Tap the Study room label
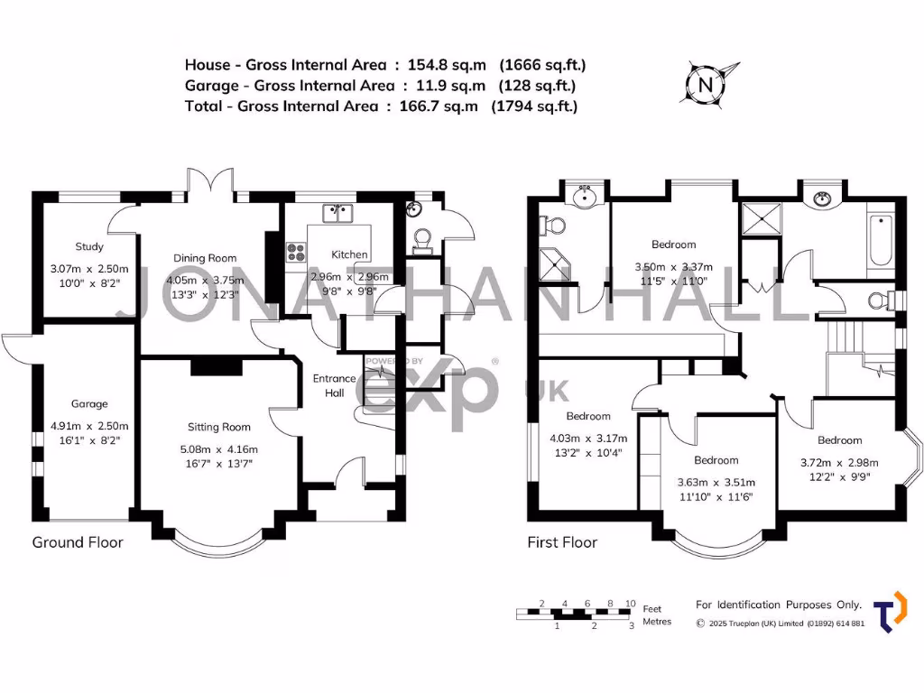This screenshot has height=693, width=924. (89, 246)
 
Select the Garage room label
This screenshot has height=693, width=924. (89, 403)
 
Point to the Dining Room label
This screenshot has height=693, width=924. (205, 258)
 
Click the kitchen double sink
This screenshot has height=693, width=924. (339, 214)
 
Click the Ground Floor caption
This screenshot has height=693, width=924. (78, 542)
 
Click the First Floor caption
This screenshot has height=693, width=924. (562, 542)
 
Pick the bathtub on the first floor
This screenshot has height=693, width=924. (882, 245)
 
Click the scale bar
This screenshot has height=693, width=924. (575, 614)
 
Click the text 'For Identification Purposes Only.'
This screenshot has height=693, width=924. (779, 605)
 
